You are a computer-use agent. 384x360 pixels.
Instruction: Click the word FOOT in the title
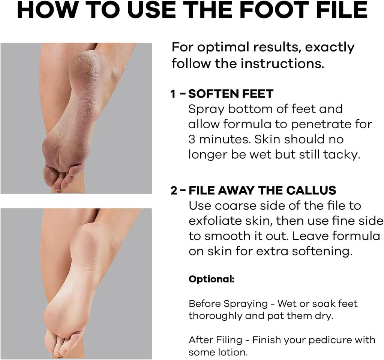(x=273, y=10)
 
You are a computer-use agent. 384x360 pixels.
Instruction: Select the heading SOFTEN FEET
(x=231, y=94)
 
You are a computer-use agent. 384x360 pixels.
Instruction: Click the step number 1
(x=173, y=94)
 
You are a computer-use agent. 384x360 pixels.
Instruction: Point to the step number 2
(x=174, y=190)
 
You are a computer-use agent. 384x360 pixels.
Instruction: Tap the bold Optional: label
(x=211, y=279)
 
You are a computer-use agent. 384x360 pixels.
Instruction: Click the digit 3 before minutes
(x=192, y=139)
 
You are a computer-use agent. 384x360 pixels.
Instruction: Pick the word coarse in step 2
(x=235, y=206)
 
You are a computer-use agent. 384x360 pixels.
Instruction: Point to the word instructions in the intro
(x=282, y=64)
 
